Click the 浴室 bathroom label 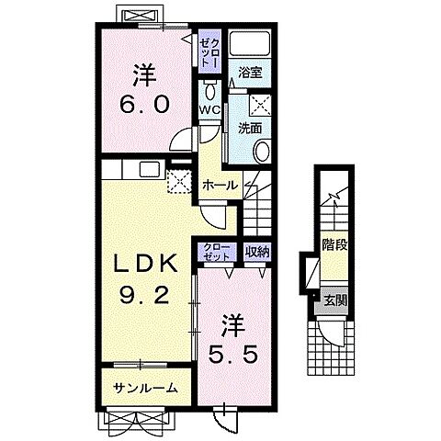coord(250,73)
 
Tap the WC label coord(209,109)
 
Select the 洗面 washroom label coord(250,128)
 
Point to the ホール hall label coord(220,185)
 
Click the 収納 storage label coord(257,252)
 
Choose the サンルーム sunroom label coord(145,388)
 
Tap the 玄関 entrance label coord(335,301)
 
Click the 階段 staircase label coord(334,244)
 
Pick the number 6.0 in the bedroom coord(144,104)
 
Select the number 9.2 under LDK coord(144,295)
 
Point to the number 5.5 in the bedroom coord(232,355)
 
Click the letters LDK coord(146,264)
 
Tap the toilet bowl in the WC coord(210,90)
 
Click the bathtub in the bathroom coord(250,42)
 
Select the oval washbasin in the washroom coord(263,152)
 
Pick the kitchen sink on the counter coord(150,169)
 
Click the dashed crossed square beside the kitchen coord(179,181)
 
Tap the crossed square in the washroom coord(261,106)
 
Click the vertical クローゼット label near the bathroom coord(209,51)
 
